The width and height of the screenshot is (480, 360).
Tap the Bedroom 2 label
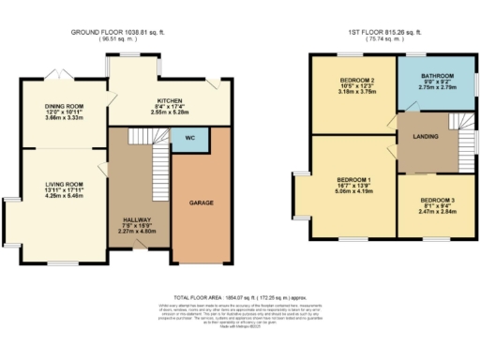point(352,81)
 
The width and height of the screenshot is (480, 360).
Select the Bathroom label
point(437,76)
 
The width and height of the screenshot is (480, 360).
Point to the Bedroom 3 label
point(437,200)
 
